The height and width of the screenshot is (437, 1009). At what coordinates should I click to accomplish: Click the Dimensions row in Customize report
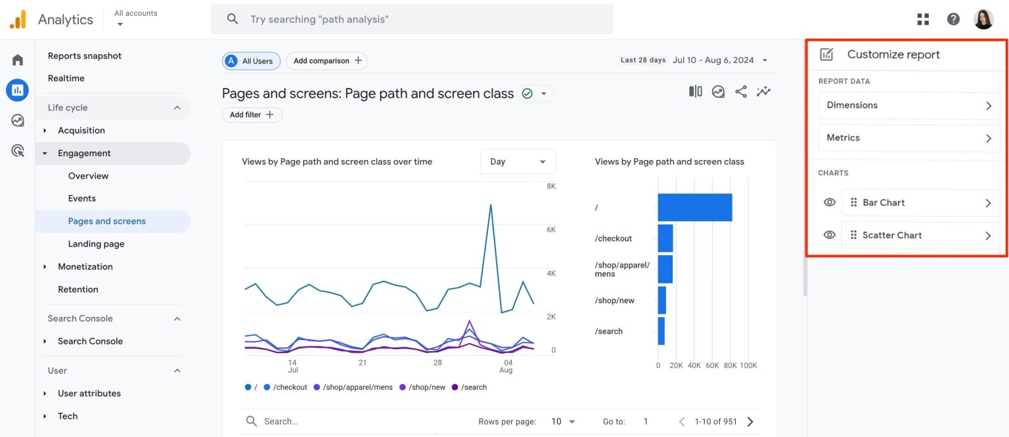coord(909,106)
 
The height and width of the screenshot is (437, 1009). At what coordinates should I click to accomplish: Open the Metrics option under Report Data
coord(909,138)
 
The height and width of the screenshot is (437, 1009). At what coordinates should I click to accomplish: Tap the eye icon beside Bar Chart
coord(830,203)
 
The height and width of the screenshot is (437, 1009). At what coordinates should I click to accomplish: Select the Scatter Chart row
coord(920,236)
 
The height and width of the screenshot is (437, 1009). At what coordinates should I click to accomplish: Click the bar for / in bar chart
coord(695,207)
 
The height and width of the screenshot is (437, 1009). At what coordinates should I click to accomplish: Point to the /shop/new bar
coord(662,301)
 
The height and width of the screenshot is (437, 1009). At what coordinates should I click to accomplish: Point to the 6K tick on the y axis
coord(550,230)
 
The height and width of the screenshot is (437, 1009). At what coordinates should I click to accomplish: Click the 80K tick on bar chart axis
coord(730,365)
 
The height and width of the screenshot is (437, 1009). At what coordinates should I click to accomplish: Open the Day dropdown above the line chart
coord(518,162)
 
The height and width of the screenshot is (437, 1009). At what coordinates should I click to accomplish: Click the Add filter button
coord(252,115)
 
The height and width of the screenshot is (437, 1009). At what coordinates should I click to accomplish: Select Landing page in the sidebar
coord(96,244)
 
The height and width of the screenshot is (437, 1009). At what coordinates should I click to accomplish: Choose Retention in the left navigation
coord(78,289)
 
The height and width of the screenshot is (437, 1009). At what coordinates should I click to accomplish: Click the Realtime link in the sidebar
coord(66,78)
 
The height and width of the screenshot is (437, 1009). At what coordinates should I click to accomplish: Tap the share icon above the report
coord(741,92)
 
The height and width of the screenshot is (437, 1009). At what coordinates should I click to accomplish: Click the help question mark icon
coord(953,19)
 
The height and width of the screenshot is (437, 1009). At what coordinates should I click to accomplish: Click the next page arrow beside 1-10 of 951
coord(750,421)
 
